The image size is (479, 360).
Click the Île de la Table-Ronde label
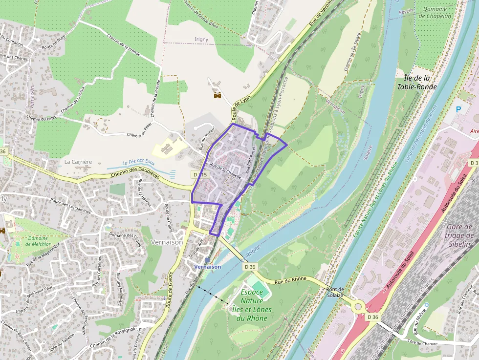click(x=420, y=82)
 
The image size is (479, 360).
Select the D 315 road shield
click(x=199, y=174)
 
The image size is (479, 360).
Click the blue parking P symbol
click(x=458, y=110)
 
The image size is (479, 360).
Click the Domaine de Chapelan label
click(x=435, y=12)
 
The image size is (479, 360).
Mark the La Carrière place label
click(x=78, y=162)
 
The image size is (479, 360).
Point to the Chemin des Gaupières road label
click(x=136, y=175)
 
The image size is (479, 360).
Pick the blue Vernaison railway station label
click(x=208, y=267)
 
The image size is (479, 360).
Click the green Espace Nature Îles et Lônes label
click(x=252, y=305)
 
